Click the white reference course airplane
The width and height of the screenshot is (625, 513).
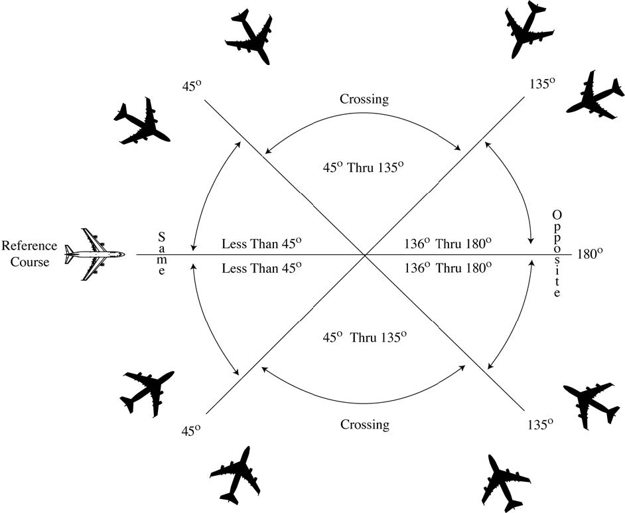tap(95, 254)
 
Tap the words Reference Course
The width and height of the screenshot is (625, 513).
tap(29, 254)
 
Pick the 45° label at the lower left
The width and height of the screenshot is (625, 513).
tap(190, 429)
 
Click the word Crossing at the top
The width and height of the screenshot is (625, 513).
tap(364, 100)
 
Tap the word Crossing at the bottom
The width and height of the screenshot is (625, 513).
tap(364, 424)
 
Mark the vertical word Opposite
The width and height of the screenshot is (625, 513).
tap(557, 254)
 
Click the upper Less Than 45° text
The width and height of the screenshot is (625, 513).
tap(262, 244)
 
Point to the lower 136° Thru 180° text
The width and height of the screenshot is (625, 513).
tap(448, 267)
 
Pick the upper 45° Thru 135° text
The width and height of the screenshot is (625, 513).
tap(363, 167)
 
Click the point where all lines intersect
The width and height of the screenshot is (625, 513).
tap(364, 254)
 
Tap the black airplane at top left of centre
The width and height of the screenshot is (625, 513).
tap(249, 37)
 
